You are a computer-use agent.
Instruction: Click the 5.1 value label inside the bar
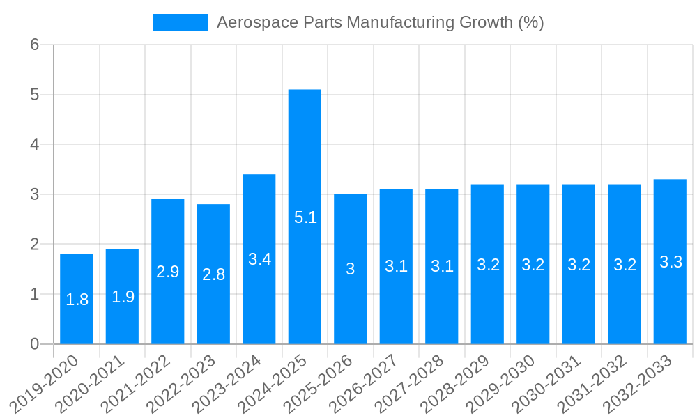(305, 217)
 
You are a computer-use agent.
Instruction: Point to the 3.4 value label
(259, 259)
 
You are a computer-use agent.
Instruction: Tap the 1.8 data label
(77, 300)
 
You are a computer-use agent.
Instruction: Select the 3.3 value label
(671, 263)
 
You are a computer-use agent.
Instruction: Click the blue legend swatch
(180, 22)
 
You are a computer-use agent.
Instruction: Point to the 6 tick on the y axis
(34, 45)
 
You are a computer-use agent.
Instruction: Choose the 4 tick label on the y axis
(34, 144)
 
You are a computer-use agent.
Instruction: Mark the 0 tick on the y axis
(34, 344)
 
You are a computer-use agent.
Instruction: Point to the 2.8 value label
(213, 274)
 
